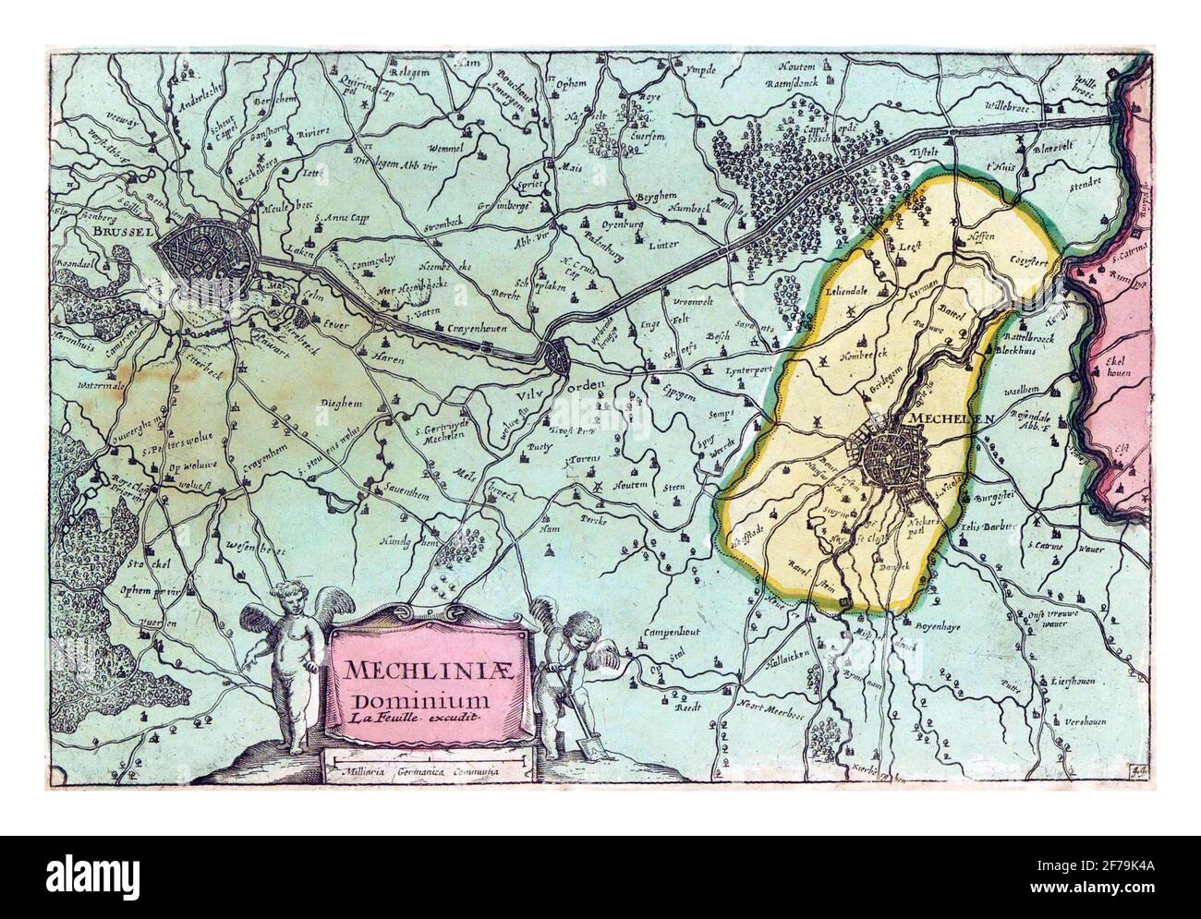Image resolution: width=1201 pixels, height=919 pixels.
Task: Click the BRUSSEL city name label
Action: coord(123,235)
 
